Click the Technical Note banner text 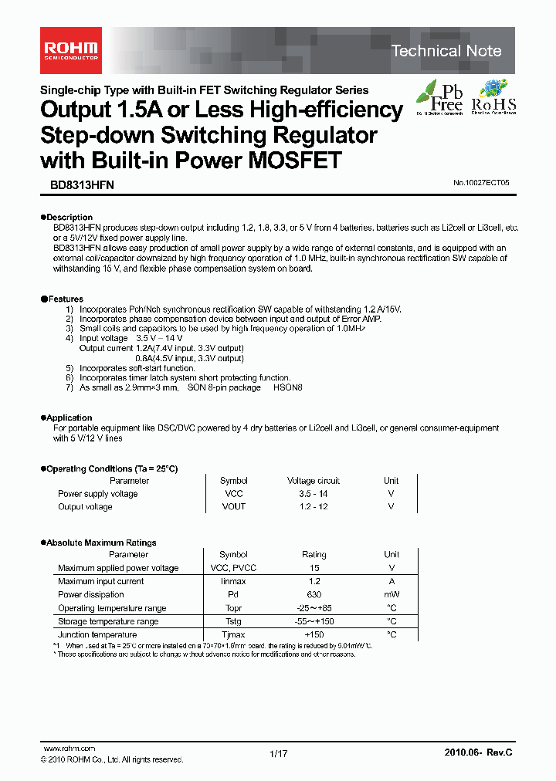pyautogui.click(x=446, y=51)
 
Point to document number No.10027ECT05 pyautogui.click(x=481, y=184)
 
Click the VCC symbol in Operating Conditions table pyautogui.click(x=233, y=494)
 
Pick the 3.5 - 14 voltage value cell pyautogui.click(x=314, y=494)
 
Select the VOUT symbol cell pyautogui.click(x=233, y=507)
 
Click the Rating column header pyautogui.click(x=314, y=555)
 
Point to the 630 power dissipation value pyautogui.click(x=314, y=595)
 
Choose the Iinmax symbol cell pyautogui.click(x=233, y=581)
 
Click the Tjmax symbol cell pyautogui.click(x=233, y=634)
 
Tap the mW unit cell pyautogui.click(x=392, y=595)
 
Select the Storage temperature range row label pyautogui.click(x=108, y=621)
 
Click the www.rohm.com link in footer pyautogui.click(x=69, y=749)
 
